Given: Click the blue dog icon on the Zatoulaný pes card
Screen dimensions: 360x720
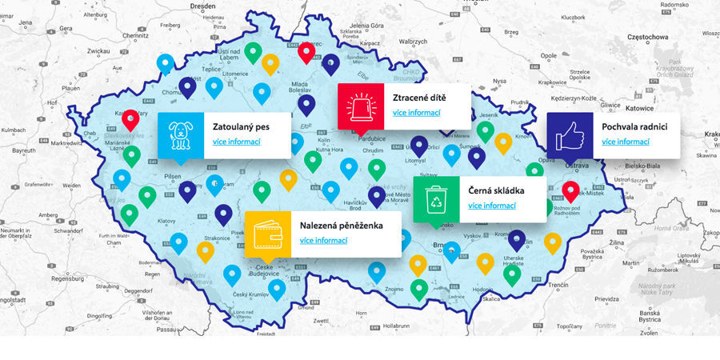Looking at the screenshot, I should [x=181, y=135].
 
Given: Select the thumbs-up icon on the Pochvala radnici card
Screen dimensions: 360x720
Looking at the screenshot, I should [x=570, y=134].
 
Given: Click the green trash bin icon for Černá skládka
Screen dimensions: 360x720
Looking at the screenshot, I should [x=436, y=198].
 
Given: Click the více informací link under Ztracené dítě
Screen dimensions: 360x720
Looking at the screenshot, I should [x=416, y=113].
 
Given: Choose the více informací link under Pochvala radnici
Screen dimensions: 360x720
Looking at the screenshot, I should [x=626, y=142].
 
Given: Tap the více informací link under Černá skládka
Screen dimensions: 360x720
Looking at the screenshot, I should [x=491, y=206].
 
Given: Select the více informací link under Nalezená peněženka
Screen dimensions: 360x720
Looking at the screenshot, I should [x=324, y=241].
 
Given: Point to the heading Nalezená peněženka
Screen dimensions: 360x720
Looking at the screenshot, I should [x=341, y=226].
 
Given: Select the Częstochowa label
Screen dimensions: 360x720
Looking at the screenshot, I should [x=627, y=38].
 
